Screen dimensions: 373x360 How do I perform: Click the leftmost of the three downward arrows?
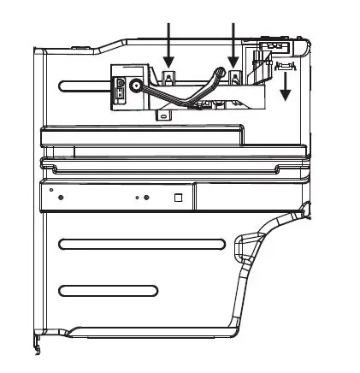tap(168, 43)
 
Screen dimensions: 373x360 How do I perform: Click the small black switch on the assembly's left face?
tap(121, 88)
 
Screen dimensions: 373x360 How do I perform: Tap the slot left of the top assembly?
tap(86, 84)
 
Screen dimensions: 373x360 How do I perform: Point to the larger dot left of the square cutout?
tap(147, 198)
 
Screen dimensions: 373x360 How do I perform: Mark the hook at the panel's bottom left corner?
tap(36, 346)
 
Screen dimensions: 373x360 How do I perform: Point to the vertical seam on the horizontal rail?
tap(192, 198)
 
